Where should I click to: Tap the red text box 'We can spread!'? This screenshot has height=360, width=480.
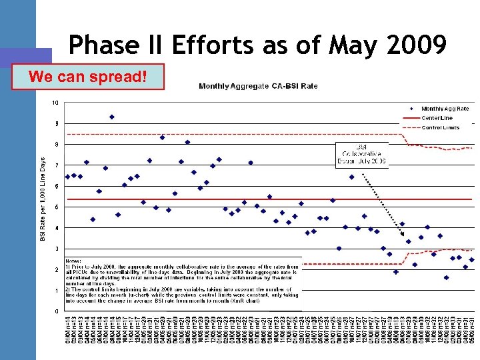coord(88,77)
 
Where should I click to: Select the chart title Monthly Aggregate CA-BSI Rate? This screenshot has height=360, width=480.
coord(258,85)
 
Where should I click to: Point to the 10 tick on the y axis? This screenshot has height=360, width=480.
coord(55,102)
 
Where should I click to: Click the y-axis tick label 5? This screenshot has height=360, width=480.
coord(57,207)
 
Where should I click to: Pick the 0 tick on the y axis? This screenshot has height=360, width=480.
coord(57,311)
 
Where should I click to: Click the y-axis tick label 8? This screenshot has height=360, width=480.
coord(57,144)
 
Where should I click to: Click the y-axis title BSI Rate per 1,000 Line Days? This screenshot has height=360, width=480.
coord(44,200)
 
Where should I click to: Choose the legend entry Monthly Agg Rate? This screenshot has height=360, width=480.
coord(445,109)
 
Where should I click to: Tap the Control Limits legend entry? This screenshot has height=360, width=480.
coord(440,127)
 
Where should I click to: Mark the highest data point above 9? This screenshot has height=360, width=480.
coord(112,117)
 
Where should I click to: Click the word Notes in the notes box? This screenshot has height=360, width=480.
coord(75,259)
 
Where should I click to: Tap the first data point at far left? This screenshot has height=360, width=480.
coord(67,177)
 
